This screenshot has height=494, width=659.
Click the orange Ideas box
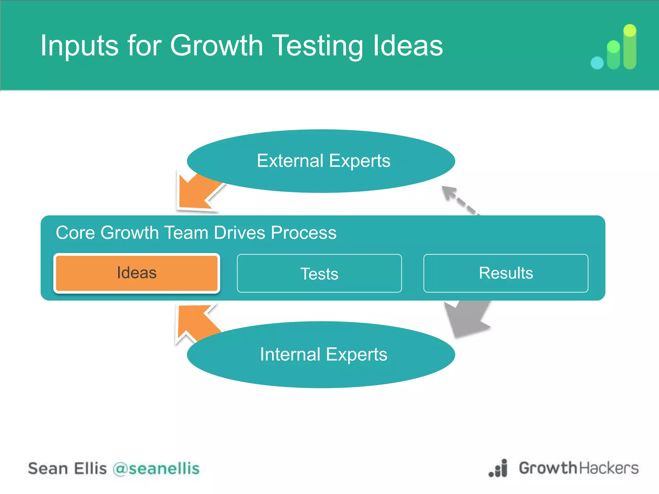pyautogui.click(x=137, y=273)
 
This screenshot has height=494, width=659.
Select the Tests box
pyautogui.click(x=319, y=274)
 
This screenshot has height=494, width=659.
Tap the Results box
pyautogui.click(x=506, y=273)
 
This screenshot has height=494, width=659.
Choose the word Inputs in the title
pyautogui.click(x=79, y=46)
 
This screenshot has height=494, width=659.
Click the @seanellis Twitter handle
pyautogui.click(x=156, y=469)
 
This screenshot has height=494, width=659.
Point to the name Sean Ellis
pyautogui.click(x=67, y=469)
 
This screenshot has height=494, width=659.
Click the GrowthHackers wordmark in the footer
pyautogui.click(x=578, y=468)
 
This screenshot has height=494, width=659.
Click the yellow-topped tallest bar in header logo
pyautogui.click(x=630, y=47)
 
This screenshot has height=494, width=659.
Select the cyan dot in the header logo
pyautogui.click(x=597, y=63)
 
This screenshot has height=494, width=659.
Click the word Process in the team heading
pyautogui.click(x=303, y=233)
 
